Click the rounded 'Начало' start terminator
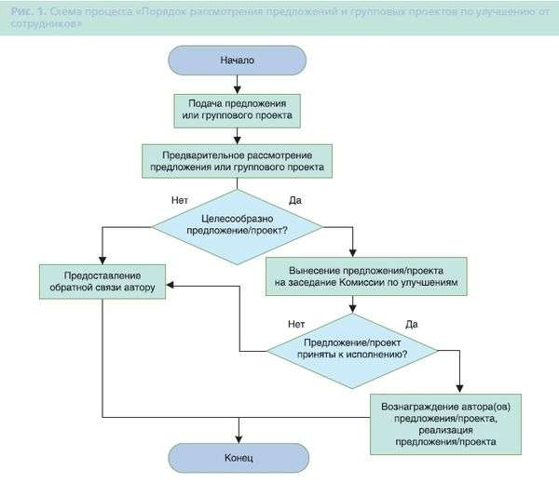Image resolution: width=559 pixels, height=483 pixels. click(237, 60)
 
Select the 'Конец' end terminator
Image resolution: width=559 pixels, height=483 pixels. click(237, 457)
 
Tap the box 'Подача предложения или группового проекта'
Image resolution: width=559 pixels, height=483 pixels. click(237, 111)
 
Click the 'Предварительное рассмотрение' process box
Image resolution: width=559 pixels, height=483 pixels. click(237, 161)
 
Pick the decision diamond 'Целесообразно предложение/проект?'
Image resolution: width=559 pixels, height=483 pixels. click(237, 223)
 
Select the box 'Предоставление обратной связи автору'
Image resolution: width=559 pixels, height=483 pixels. click(102, 282)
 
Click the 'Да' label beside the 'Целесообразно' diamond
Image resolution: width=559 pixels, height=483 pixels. click(295, 200)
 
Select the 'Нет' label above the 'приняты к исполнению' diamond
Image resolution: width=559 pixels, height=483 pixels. click(296, 324)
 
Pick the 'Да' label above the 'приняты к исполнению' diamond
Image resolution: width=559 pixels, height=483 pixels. click(412, 324)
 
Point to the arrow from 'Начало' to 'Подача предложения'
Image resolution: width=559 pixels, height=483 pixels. click(237, 83)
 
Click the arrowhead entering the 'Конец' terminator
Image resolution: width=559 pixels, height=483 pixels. click(237, 437)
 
